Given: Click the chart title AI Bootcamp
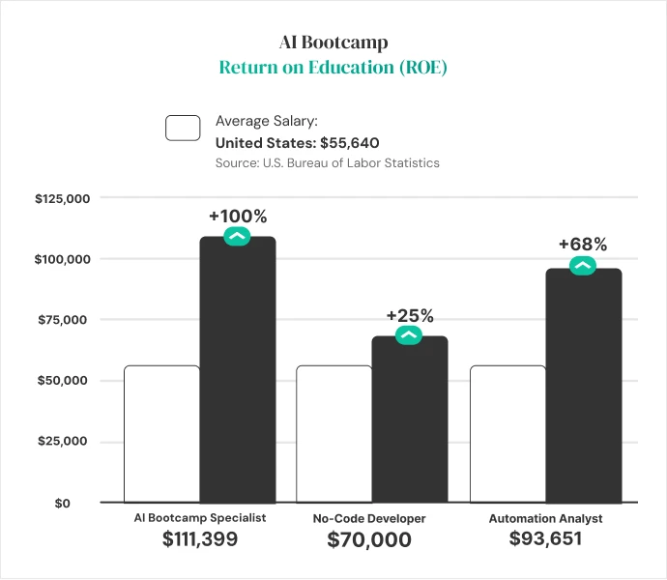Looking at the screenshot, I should [333, 44].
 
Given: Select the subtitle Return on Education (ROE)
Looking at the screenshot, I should [333, 68].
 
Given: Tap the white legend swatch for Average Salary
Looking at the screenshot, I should [183, 128].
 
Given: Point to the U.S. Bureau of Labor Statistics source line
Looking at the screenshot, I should [327, 162].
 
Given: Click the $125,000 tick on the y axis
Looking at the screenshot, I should [63, 199].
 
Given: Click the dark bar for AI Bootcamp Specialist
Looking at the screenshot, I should [238, 372].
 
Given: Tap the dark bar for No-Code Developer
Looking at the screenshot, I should [410, 420].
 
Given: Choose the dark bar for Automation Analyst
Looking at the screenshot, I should [583, 387].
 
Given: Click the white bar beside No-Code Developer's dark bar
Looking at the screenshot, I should [333, 434].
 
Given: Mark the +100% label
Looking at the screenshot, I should [237, 216].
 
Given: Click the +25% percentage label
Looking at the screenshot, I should [410, 315].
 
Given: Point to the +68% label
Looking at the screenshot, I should [582, 246].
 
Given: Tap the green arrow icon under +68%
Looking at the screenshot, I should [582, 266].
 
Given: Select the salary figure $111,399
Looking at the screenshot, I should [199, 539].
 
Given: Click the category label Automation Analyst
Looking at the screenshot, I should [545, 518].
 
